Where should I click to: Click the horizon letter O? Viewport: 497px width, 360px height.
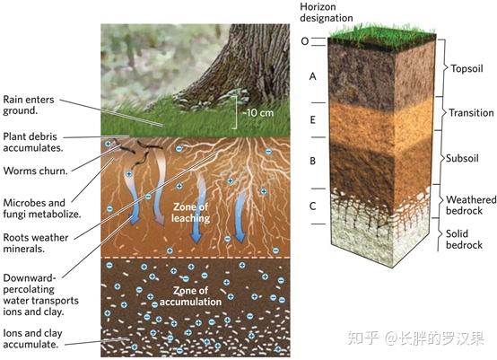point(305,41)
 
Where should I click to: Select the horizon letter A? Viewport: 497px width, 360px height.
point(313,76)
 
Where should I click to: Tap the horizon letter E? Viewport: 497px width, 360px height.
point(313,119)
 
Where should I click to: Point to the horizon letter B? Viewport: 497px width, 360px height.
point(313,161)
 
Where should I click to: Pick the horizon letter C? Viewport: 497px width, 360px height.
point(313,206)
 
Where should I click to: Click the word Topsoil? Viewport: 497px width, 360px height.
point(466,68)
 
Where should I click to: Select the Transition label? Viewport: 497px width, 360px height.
point(471,112)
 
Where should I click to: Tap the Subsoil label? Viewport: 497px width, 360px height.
point(462,158)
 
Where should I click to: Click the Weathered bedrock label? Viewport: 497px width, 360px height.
point(471,205)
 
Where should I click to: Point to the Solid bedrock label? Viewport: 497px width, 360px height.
point(464,239)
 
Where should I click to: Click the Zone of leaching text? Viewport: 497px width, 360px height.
point(191,213)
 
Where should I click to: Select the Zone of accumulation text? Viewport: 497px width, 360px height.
point(190,296)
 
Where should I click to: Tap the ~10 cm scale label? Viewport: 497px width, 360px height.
point(257,113)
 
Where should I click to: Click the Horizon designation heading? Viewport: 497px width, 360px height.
point(327,13)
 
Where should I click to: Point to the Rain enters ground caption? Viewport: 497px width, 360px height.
point(29,105)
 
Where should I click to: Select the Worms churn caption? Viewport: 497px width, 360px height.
point(36,171)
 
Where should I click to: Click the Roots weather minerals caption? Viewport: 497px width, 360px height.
point(36,243)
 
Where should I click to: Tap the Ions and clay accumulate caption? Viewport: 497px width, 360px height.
point(32,338)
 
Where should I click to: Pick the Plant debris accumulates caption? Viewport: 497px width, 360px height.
point(33,142)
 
